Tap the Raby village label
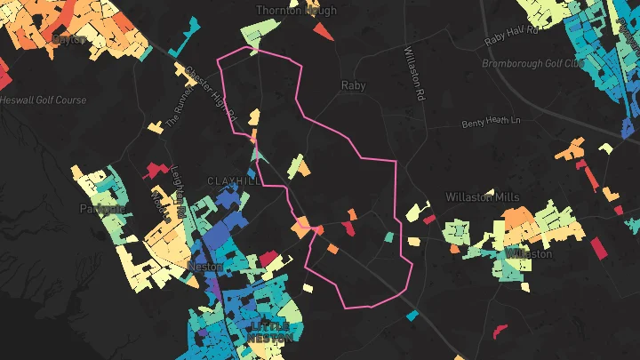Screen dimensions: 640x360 click(354, 86)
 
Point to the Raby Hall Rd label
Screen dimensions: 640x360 click(513, 36)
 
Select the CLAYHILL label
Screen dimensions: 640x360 click(235, 180)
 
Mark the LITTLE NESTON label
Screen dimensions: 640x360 click(269, 332)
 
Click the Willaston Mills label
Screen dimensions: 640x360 click(482, 196)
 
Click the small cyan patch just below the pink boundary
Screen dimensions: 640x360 click(412, 315)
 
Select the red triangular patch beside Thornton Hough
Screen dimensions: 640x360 click(321, 32)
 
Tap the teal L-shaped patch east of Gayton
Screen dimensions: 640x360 click(186, 41)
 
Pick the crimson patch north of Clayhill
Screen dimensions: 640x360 click(156, 167)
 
